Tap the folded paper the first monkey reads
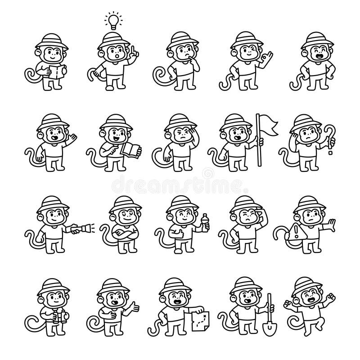point(57,72)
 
